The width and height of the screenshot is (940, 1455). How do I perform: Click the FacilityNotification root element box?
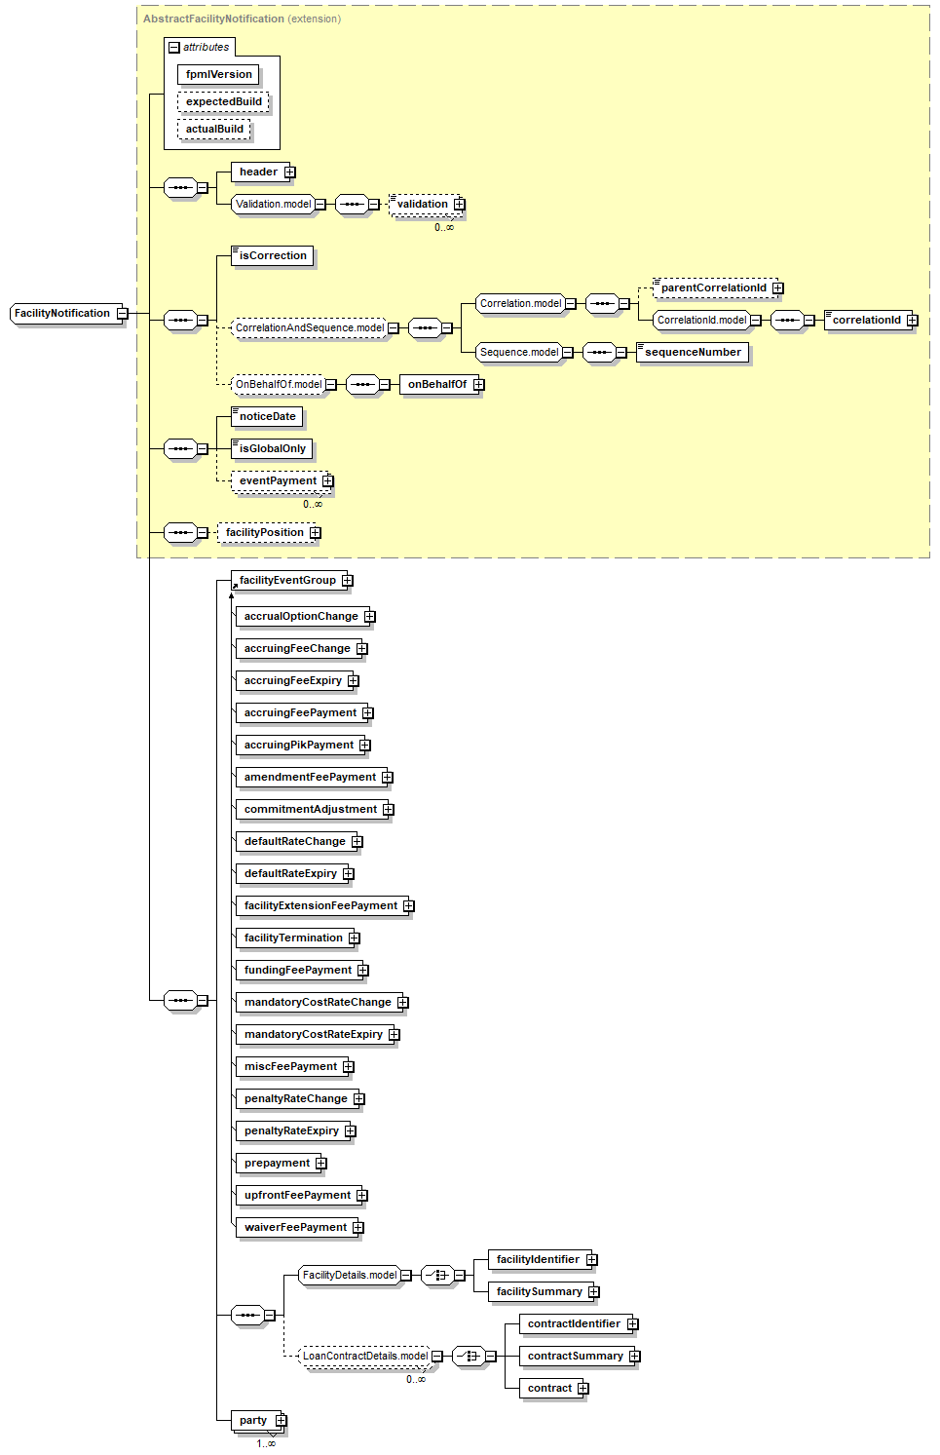62,314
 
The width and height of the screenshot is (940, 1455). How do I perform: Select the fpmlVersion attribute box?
218,75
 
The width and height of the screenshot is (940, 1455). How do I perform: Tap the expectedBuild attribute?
223,102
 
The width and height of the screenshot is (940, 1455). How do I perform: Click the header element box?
258,172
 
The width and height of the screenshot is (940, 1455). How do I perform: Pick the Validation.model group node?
273,205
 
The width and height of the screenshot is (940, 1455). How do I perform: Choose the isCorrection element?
273,256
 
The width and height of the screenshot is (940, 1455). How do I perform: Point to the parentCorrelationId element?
713,288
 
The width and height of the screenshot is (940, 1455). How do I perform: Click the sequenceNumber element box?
693,353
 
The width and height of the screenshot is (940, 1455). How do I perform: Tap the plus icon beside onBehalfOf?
478,385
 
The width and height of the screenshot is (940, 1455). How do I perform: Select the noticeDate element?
267,417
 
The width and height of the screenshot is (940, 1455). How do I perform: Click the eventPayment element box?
278,481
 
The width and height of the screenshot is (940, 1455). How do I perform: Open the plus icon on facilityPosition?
315,533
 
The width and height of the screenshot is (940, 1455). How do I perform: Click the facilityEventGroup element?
287,581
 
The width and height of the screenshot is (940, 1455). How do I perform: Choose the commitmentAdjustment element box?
310,810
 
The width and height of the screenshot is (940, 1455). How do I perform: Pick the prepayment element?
277,1164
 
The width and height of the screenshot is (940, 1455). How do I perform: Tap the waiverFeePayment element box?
295,1228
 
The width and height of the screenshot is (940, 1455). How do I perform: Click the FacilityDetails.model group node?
350,1276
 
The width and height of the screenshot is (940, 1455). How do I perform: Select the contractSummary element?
575,1357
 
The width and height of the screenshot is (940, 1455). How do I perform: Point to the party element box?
253,1421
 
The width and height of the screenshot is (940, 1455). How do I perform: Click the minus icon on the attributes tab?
174,47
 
